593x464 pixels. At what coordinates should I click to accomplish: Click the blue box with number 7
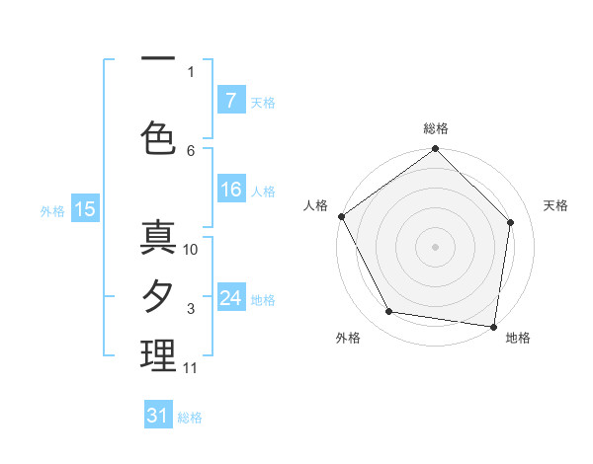click(x=230, y=100)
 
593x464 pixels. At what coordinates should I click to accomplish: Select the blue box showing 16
click(x=230, y=191)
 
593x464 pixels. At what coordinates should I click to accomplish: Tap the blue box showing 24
click(x=230, y=298)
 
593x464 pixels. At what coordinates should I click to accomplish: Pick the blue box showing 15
click(x=84, y=208)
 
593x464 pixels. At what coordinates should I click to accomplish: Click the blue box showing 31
click(x=158, y=416)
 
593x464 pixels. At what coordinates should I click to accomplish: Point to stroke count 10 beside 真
click(x=192, y=250)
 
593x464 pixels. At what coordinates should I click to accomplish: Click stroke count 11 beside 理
click(x=191, y=368)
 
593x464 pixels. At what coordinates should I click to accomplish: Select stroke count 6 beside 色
click(x=191, y=150)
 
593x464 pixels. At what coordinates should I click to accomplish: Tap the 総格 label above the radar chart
click(x=435, y=128)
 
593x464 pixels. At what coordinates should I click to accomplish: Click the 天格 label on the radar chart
click(x=555, y=205)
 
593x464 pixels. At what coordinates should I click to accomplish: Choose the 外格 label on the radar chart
click(x=348, y=338)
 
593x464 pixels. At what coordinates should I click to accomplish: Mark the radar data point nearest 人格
click(x=341, y=216)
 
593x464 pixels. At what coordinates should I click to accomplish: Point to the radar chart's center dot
click(x=435, y=246)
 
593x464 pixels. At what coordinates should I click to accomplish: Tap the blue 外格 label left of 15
click(x=51, y=210)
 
